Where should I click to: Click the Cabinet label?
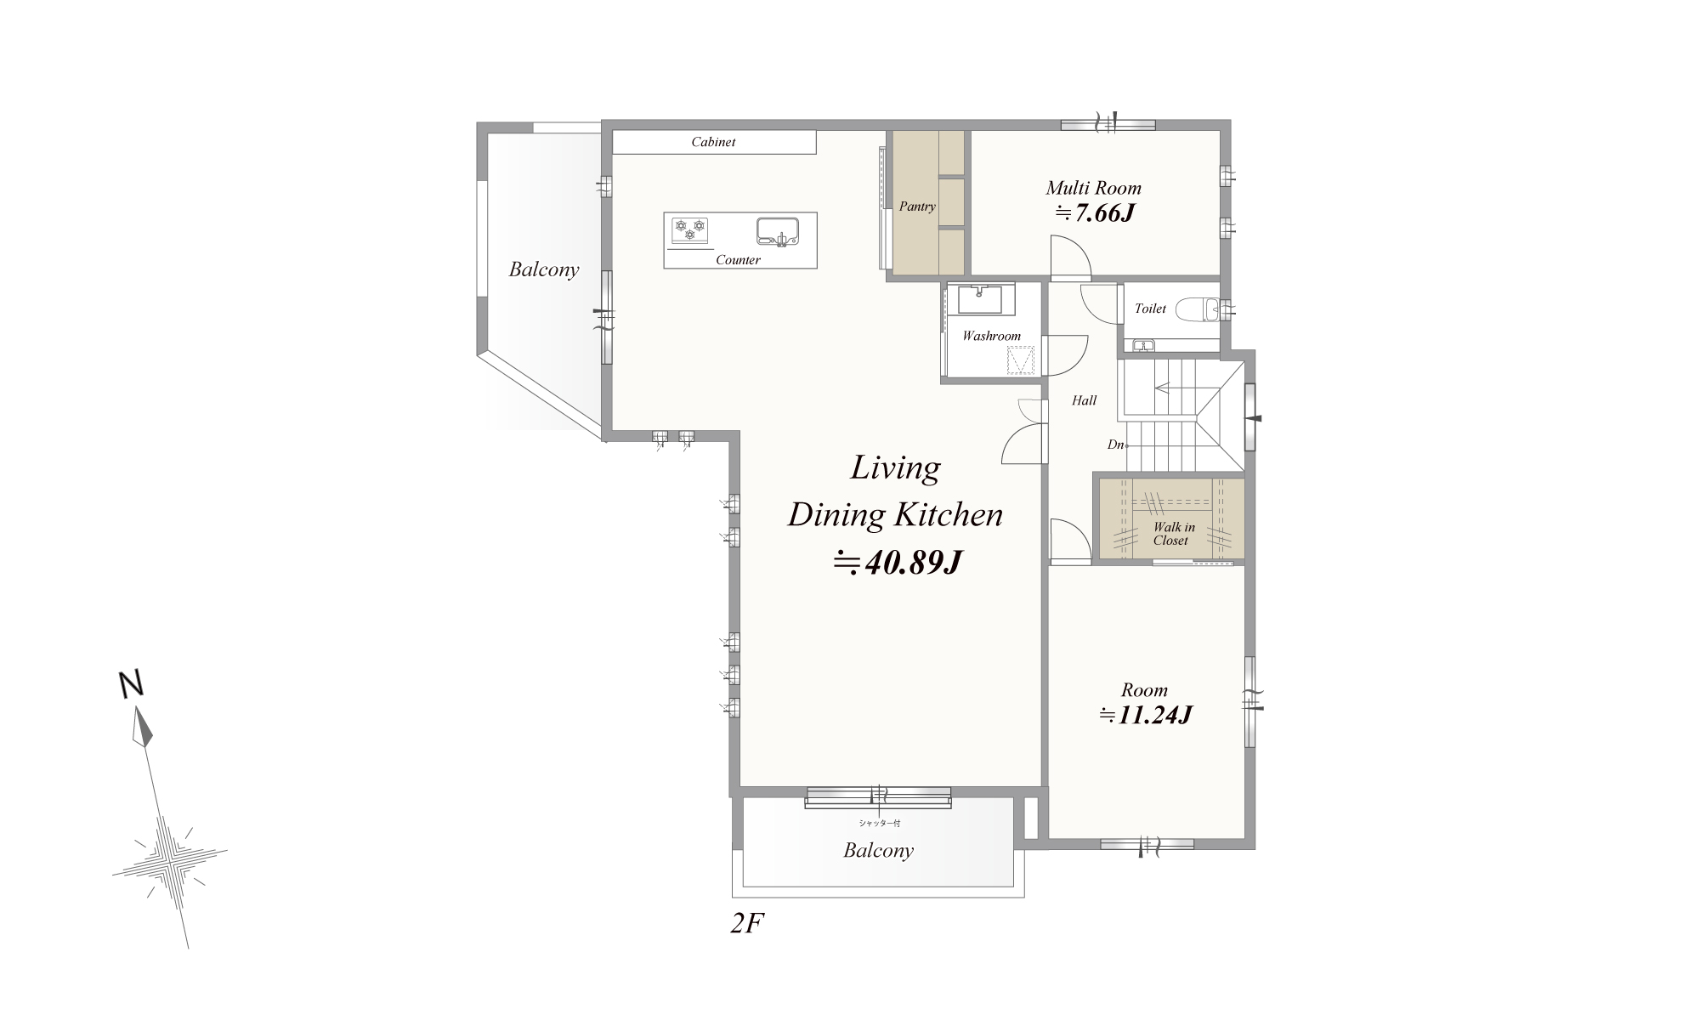[x=713, y=142]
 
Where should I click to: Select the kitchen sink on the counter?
[x=778, y=231]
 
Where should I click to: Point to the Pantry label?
[x=917, y=207]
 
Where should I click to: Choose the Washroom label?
[x=991, y=336]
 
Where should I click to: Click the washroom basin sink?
[x=980, y=300]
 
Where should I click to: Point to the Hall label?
[x=1084, y=400]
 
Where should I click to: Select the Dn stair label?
[x=1115, y=445]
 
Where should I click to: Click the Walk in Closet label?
[x=1173, y=534]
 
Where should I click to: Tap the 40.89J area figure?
[x=898, y=562]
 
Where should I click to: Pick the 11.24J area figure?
[x=1146, y=715]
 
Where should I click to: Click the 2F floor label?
[x=747, y=924]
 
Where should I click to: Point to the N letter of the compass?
[x=130, y=684]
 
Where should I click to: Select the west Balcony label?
[x=544, y=269]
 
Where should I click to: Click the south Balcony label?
[x=878, y=850]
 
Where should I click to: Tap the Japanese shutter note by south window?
[x=878, y=823]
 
